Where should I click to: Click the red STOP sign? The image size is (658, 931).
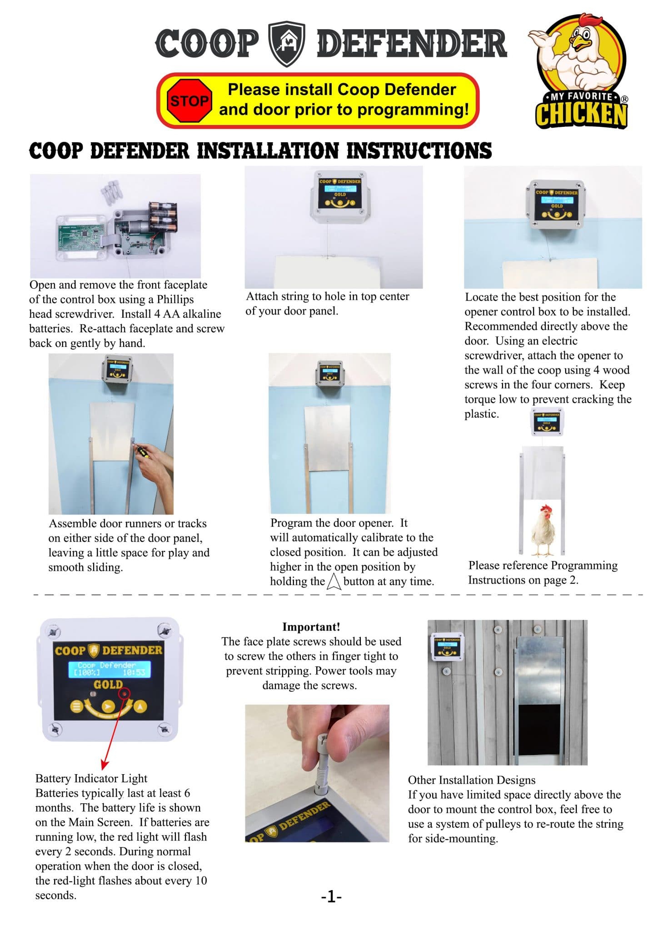click(x=189, y=100)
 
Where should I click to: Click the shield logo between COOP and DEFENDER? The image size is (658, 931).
click(x=287, y=44)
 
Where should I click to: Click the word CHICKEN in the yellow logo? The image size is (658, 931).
click(x=581, y=115)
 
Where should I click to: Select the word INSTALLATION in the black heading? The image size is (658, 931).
click(x=268, y=151)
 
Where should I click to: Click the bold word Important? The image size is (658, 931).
click(x=311, y=627)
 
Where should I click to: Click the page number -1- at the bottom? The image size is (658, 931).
click(x=331, y=896)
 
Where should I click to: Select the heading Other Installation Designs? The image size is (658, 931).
click(x=471, y=780)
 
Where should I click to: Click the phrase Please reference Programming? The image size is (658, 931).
click(x=543, y=566)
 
